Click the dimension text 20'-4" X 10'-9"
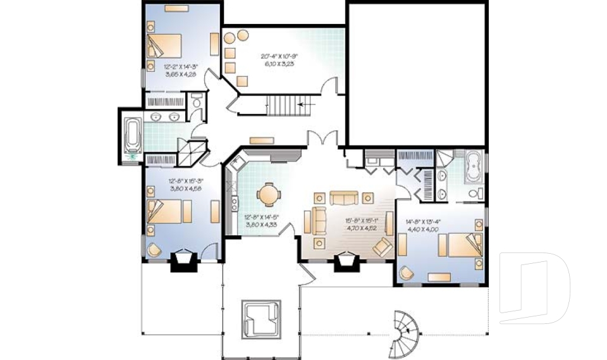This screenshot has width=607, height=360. tap(279, 56)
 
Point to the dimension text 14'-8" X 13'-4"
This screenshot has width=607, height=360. tap(422, 221)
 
